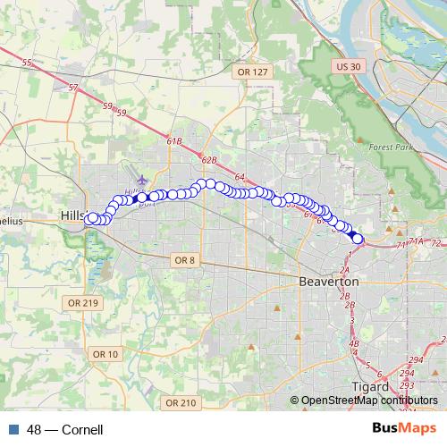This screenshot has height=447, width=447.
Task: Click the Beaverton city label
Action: pyautogui.click(x=328, y=281)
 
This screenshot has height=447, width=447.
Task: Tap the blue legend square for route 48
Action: pyautogui.click(x=14, y=430)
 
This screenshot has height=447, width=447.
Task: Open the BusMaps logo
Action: pyautogui.click(x=403, y=429)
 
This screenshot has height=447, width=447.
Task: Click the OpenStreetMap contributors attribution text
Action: pyautogui.click(x=366, y=401)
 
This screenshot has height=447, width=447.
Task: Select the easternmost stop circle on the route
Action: pyautogui.click(x=358, y=239)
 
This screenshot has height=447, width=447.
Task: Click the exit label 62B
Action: pyautogui.click(x=209, y=160)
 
